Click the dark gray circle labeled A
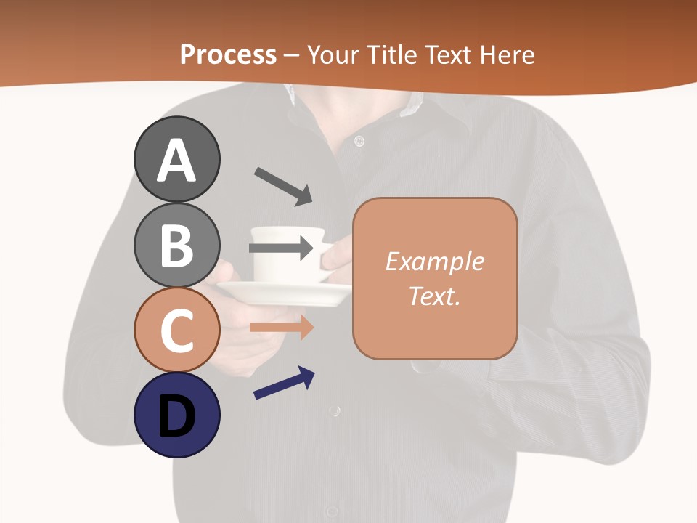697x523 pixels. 176,159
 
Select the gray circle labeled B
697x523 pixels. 176,245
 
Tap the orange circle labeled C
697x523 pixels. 176,330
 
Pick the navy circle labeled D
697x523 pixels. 176,415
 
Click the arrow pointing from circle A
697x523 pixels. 283,186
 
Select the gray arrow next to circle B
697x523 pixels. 281,248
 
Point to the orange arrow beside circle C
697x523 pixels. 281,328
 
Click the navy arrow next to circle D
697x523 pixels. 284,383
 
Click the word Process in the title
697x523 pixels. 228,54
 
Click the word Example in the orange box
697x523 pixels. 434,261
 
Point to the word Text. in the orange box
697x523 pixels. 434,296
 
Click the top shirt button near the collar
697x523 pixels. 359,141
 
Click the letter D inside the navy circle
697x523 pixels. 176,418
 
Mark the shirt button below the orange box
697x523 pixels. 333,411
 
